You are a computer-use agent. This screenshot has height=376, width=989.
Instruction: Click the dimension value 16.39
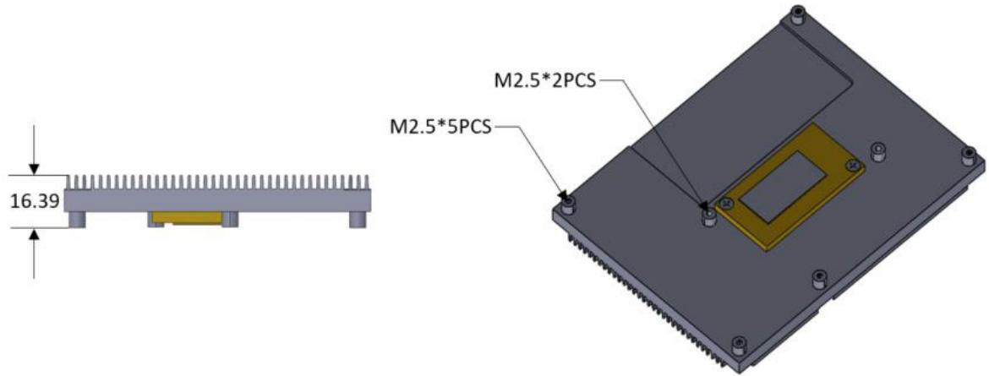36,201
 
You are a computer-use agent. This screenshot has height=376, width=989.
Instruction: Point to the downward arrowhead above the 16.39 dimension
34,168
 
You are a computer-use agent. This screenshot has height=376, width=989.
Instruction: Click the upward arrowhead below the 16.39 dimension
34,234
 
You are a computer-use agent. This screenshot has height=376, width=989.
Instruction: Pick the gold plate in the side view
188,218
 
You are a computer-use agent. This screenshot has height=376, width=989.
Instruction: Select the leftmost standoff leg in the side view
77,219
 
